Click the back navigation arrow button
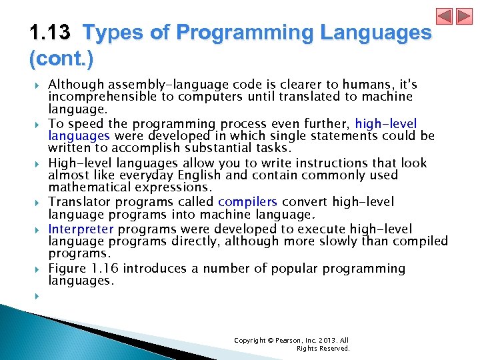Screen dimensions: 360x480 pyautogui.click(x=445, y=17)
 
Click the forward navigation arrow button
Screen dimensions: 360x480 pyautogui.click(x=464, y=17)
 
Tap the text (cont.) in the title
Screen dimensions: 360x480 pyautogui.click(x=61, y=59)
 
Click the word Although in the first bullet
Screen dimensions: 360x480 pyautogui.click(x=73, y=85)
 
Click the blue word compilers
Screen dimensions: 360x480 pyautogui.click(x=247, y=201)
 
